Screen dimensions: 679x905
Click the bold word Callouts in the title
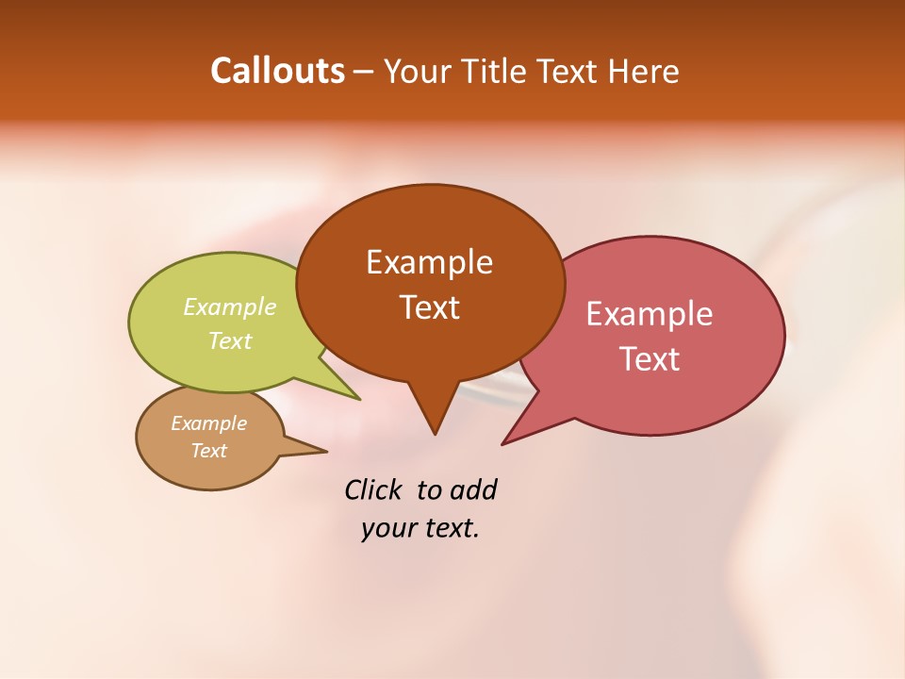pos(277,71)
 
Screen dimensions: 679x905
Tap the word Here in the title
pos(645,72)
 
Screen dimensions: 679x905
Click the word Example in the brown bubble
pos(429,262)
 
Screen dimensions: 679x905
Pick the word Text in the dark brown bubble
pos(429,307)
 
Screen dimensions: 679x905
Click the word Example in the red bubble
pos(649,314)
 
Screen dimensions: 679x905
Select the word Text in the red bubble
pos(650,359)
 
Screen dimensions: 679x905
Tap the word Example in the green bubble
pos(230,306)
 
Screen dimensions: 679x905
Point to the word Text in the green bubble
pos(230,341)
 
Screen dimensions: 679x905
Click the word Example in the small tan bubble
pos(208,423)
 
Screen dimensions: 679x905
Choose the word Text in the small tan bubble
pos(208,451)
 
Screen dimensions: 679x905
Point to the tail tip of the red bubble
pos(505,441)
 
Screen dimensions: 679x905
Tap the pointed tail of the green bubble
pos(353,395)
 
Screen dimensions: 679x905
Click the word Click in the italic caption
pos(374,489)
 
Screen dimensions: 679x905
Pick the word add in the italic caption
pos(473,489)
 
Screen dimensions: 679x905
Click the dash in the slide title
pos(364,72)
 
